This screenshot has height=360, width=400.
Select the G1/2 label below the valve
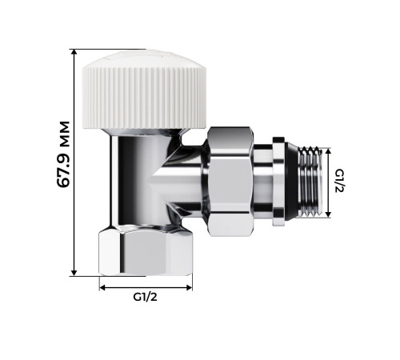click(x=145, y=297)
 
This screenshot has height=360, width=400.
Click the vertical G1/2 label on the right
click(x=340, y=181)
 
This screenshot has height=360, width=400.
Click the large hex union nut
click(x=232, y=181)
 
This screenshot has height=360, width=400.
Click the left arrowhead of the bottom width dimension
click(x=102, y=285)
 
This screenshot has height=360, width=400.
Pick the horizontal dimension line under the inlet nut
click(x=145, y=285)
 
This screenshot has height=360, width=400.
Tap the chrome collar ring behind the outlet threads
click(x=277, y=181)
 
